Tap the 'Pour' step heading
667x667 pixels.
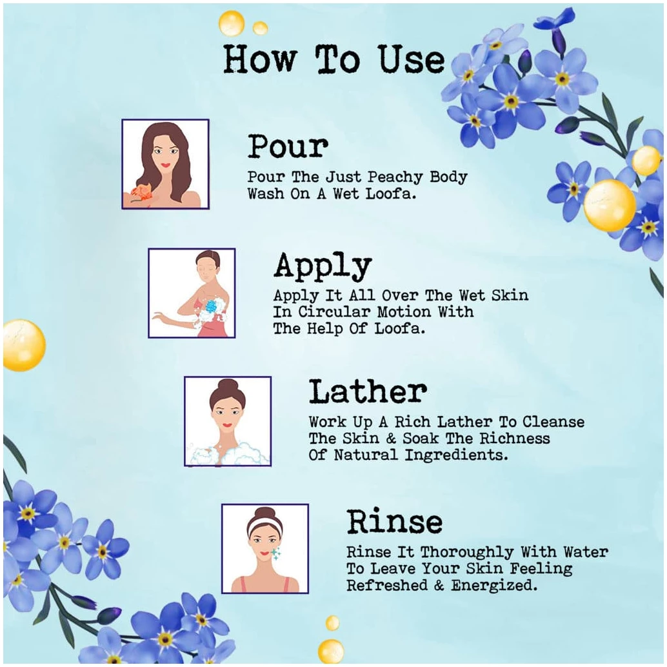tap(288, 146)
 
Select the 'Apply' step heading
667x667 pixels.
tap(323, 266)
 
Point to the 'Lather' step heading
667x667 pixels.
tap(368, 392)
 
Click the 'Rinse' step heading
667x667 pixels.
tap(394, 521)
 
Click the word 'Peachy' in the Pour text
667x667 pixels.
tap(395, 177)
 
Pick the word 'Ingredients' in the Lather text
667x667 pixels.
tap(456, 455)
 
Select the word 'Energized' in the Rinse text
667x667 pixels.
tap(494, 585)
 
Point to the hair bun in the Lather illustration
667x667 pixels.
tap(228, 386)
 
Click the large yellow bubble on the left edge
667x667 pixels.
tap(24, 345)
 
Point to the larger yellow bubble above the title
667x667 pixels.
tap(232, 24)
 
